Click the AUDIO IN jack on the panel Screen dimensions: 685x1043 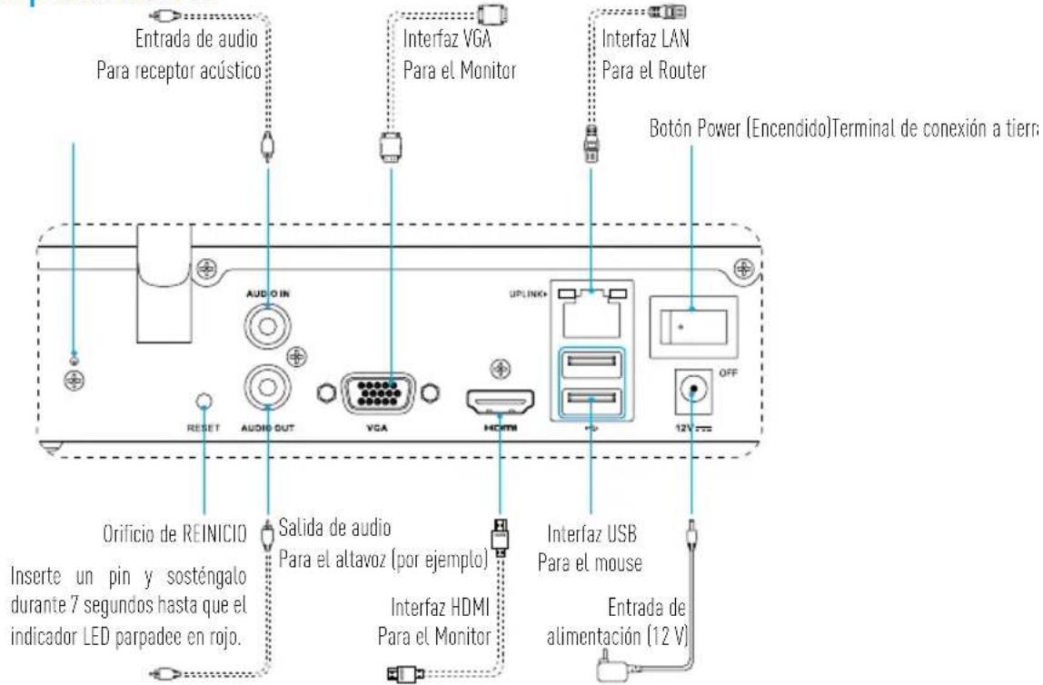(268, 321)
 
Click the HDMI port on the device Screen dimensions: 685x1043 (500, 400)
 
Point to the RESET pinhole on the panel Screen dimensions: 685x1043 (204, 400)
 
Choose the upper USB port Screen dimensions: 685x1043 (591, 366)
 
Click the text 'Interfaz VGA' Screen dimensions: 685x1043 (453, 41)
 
